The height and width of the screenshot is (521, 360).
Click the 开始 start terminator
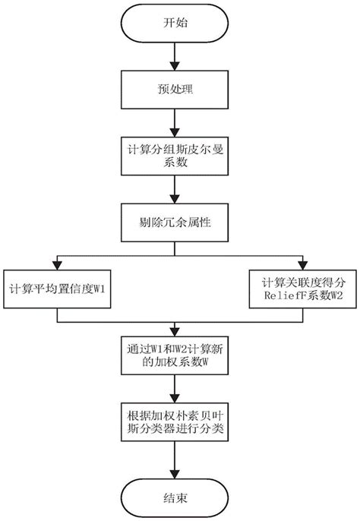click(176, 24)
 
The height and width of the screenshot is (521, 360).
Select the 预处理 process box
click(176, 90)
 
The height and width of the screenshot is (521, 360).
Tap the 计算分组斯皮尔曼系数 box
click(176, 156)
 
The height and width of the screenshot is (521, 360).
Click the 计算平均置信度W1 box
click(61, 289)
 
